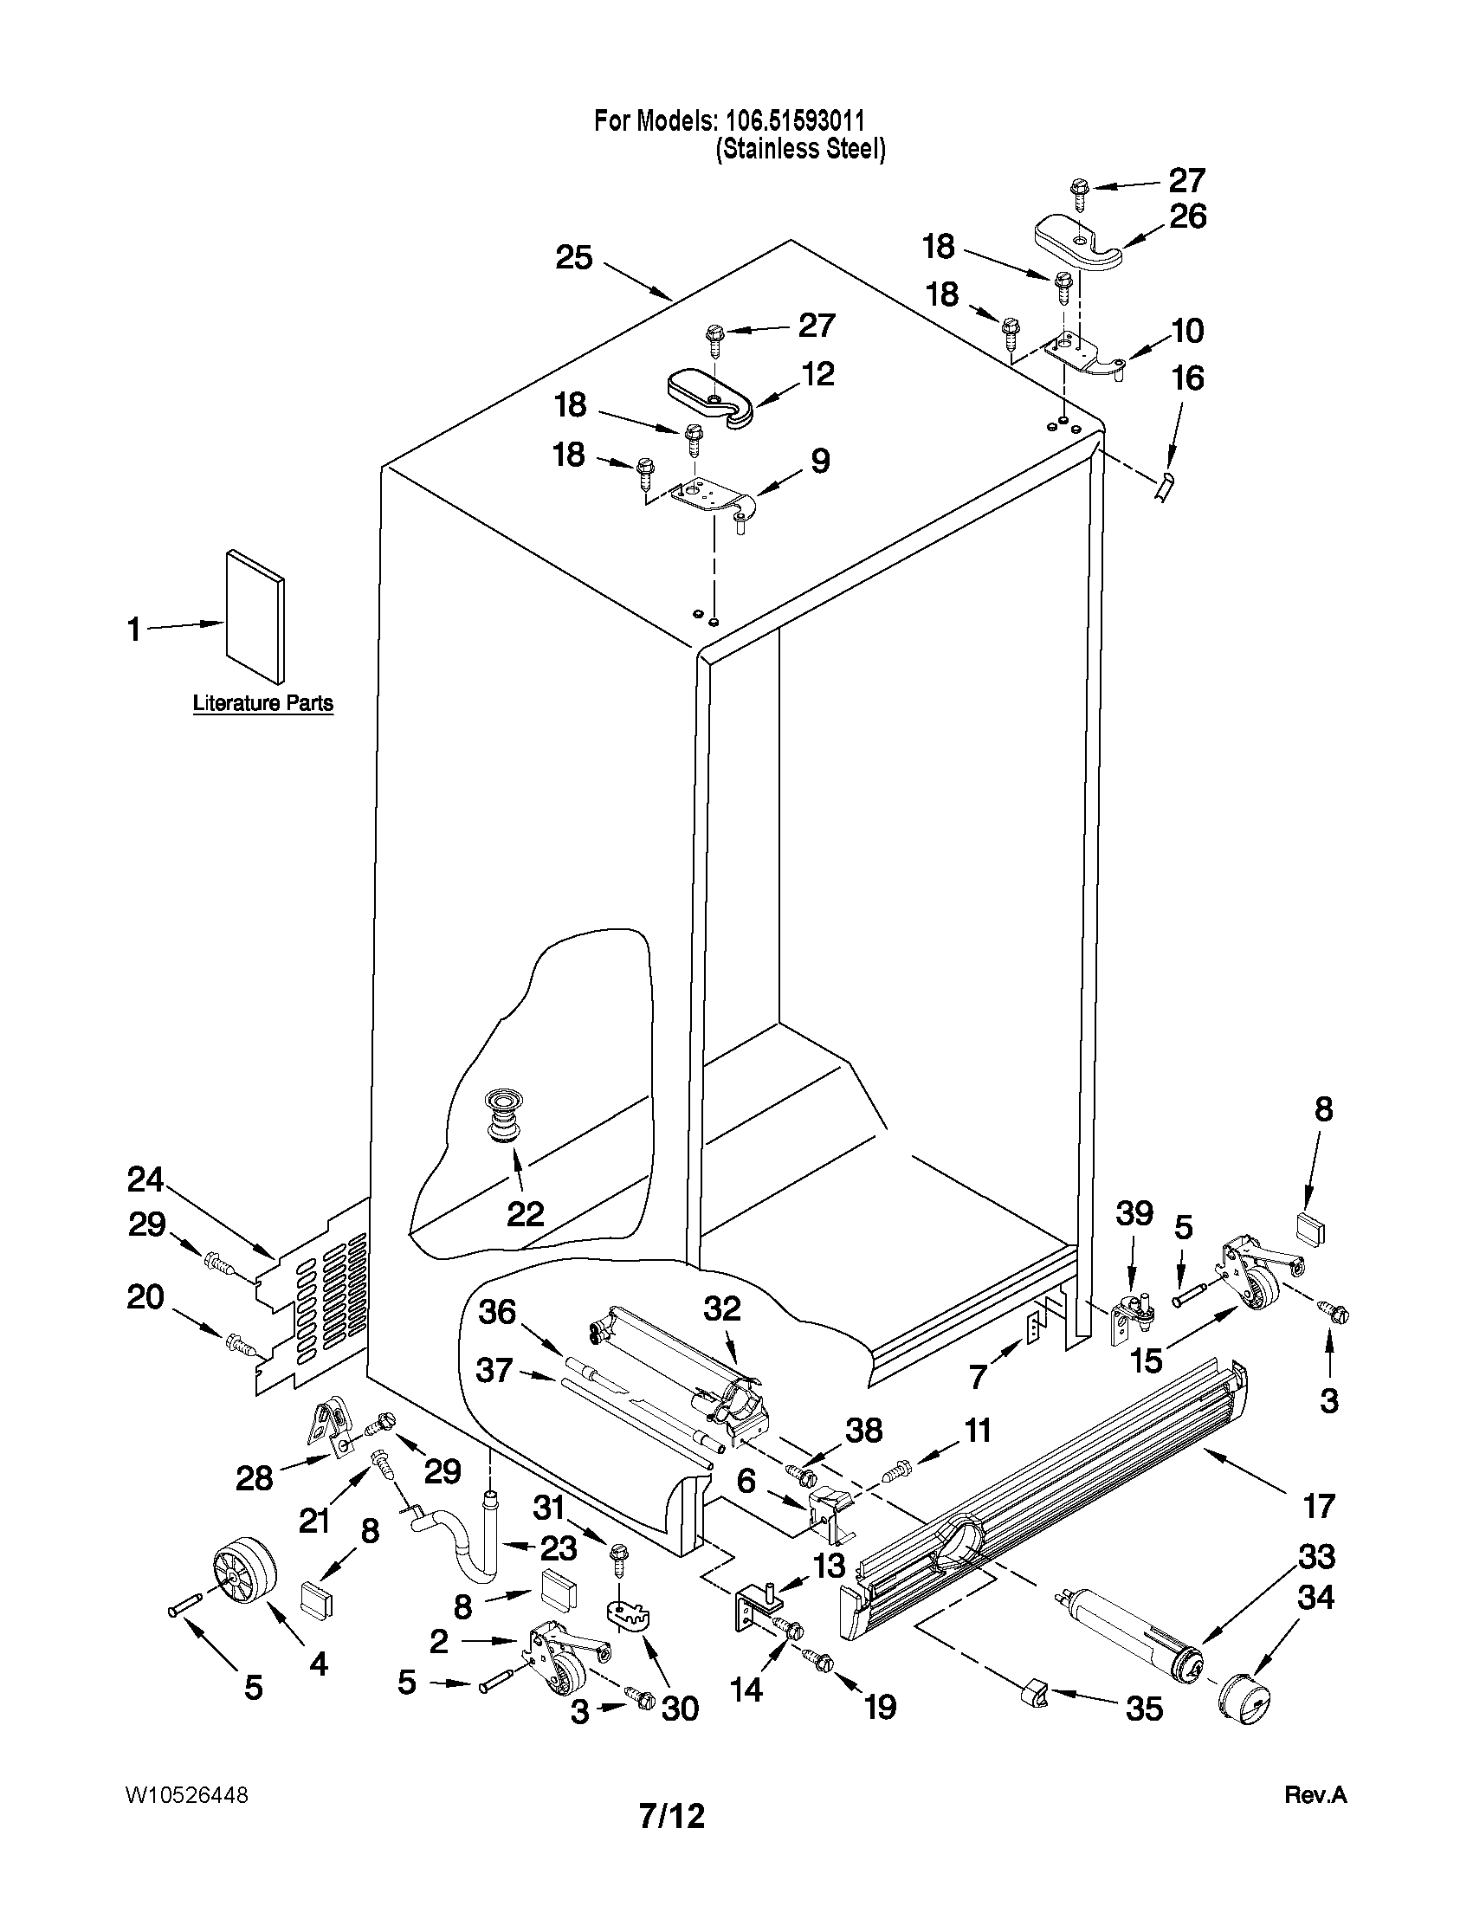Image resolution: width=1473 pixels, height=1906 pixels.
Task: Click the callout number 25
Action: pos(574,258)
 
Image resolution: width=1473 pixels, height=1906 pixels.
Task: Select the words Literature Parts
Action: pos(262,702)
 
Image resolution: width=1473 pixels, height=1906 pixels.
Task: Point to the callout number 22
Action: pos(526,1213)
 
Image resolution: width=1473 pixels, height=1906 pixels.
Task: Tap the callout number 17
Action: pos(1319,1505)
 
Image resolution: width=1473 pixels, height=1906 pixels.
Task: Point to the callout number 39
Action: pos(1134,1212)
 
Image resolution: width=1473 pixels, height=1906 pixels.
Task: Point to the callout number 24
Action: pos(145,1180)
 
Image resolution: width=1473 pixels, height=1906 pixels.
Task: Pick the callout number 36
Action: pos(496,1312)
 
